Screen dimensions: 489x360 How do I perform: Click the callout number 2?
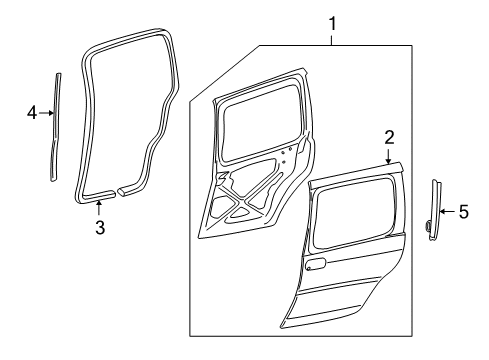pos(389,136)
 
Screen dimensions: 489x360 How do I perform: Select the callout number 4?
pos(32,113)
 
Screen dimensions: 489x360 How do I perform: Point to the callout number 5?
pos(462,211)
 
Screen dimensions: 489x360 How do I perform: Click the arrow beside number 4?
pos(46,113)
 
